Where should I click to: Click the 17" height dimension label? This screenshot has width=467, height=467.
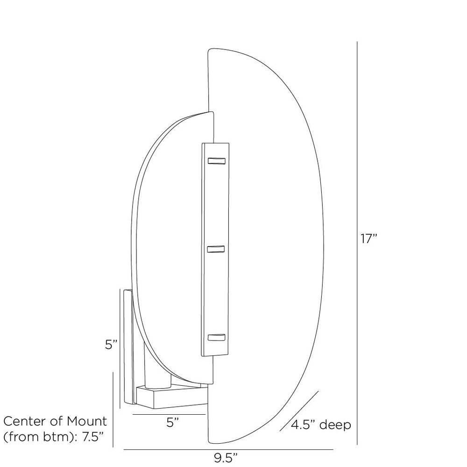(368, 239)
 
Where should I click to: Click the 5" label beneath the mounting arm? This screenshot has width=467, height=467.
(172, 423)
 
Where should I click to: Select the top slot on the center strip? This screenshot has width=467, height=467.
(216, 161)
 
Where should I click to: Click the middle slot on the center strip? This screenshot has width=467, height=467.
(216, 250)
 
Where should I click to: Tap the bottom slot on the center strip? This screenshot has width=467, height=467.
(216, 337)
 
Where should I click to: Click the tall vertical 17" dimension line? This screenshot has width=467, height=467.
(357, 243)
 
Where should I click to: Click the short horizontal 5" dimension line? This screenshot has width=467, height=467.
(169, 414)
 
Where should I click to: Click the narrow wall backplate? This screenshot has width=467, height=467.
(127, 348)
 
